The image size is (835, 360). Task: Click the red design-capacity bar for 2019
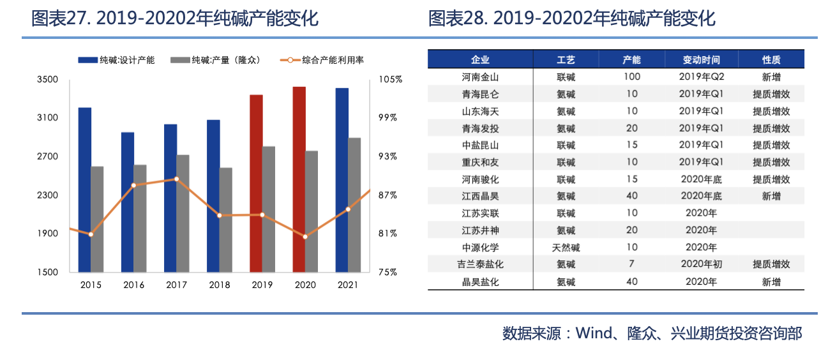point(256,183)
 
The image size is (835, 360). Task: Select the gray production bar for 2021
point(354,204)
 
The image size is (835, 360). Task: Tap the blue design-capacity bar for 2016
point(128,202)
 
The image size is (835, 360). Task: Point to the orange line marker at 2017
point(176,179)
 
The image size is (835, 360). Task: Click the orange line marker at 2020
point(305,237)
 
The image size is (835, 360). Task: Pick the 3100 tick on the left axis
point(48,118)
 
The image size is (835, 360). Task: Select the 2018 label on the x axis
point(219,285)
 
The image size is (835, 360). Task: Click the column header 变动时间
point(701,60)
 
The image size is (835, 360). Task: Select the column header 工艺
point(566,60)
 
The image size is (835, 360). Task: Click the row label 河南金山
point(480,77)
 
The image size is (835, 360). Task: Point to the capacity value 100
point(632,77)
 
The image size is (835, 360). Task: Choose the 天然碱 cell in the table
point(566,248)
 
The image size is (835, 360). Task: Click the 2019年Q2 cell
point(701,77)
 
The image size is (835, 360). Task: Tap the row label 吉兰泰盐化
point(480,264)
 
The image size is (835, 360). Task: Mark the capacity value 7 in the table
point(632,264)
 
